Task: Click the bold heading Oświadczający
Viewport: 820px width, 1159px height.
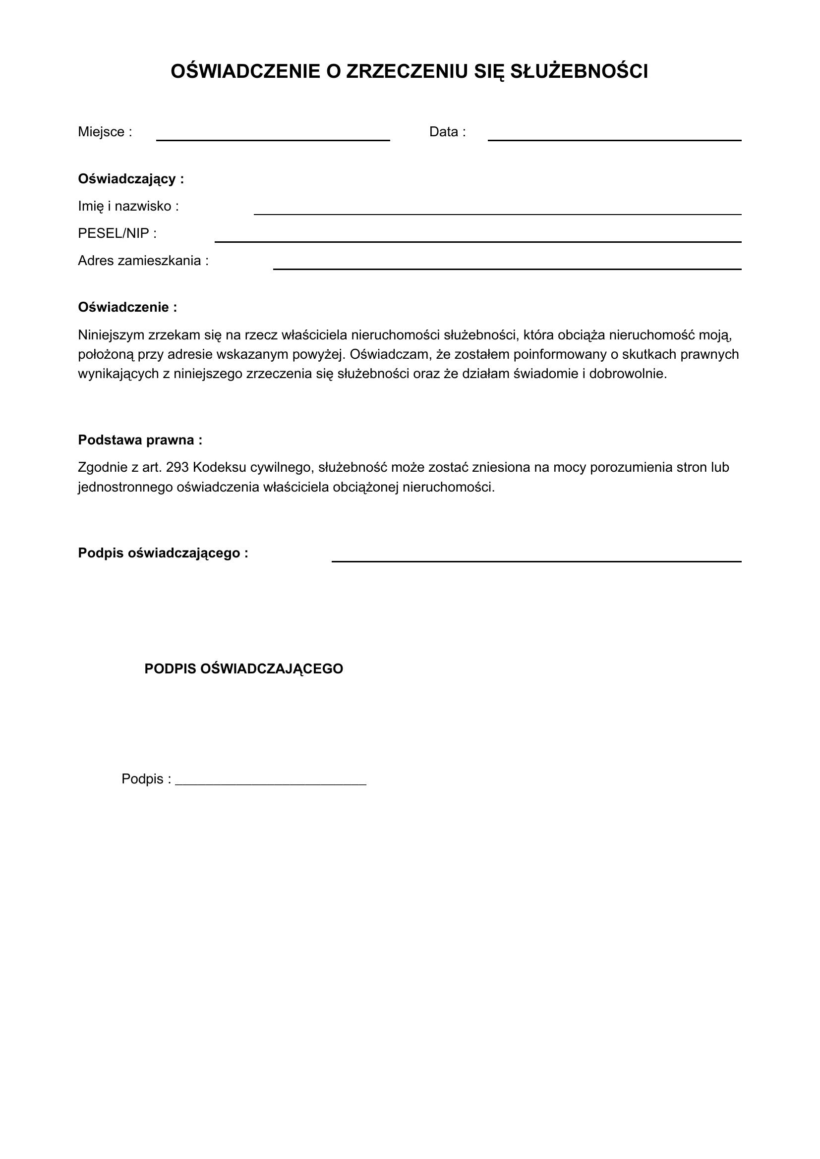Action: point(131,179)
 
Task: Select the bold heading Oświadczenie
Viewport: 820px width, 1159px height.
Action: point(127,307)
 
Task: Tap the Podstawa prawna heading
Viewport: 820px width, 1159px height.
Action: point(140,440)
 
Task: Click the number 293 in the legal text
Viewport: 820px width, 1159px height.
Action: point(176,467)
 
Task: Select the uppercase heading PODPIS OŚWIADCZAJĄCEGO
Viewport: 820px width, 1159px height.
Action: point(243,668)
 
